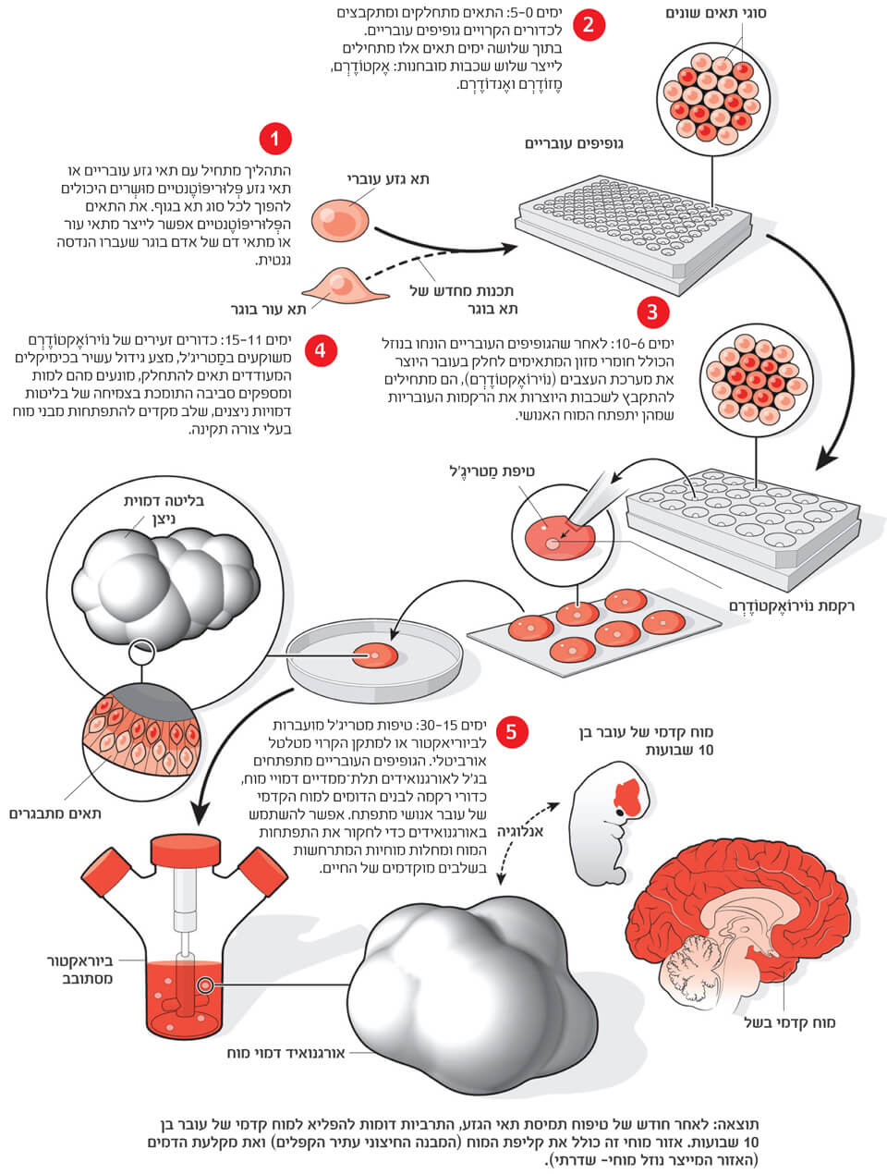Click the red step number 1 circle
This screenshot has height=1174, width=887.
(274, 139)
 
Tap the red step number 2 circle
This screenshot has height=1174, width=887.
(589, 25)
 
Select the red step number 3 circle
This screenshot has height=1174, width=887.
(652, 312)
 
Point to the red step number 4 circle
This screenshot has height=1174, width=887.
(321, 350)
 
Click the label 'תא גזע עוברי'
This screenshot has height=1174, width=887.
(387, 179)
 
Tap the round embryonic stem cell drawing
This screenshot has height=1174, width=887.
(338, 219)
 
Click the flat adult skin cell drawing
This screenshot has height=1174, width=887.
(341, 284)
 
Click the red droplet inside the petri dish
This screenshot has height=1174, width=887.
(375, 655)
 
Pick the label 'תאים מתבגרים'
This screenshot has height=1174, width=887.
(55, 813)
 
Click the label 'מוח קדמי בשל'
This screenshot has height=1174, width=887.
(790, 1022)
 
